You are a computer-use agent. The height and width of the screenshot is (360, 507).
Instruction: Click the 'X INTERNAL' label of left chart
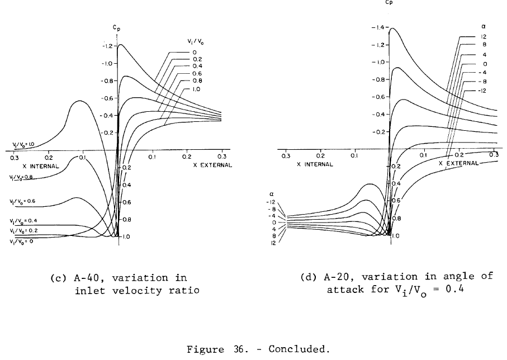41,166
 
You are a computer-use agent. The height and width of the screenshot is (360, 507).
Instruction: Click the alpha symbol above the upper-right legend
484,25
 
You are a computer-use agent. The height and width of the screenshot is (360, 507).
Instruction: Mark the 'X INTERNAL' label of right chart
315,164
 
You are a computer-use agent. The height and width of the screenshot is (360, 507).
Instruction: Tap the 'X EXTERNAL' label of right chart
458,164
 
